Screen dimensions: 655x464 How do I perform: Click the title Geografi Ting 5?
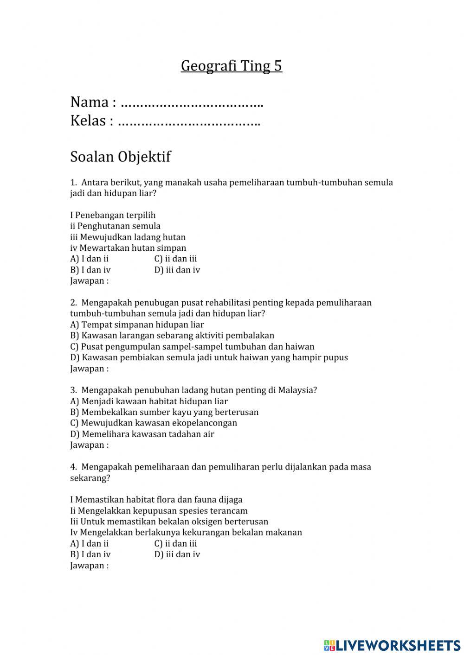pyautogui.click(x=231, y=66)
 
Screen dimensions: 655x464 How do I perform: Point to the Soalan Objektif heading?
pyautogui.click(x=120, y=157)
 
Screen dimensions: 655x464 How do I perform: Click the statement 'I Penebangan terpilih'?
pyautogui.click(x=113, y=215)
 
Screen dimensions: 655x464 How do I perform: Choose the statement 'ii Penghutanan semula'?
pyautogui.click(x=115, y=226)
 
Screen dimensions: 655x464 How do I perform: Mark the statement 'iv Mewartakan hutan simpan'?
pyautogui.click(x=128, y=248)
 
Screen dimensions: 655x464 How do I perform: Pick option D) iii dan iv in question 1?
pyautogui.click(x=177, y=270)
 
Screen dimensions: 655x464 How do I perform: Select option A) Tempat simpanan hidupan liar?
pyautogui.click(x=137, y=324)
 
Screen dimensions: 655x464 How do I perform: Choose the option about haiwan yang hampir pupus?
pyautogui.click(x=209, y=357)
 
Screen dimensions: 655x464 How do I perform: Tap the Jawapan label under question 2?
pyautogui.click(x=89, y=369)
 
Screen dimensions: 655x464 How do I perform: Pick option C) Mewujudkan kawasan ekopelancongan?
pyautogui.click(x=154, y=423)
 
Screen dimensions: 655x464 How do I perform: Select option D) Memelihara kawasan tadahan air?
pyautogui.click(x=142, y=434)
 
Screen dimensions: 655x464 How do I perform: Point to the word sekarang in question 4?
pyautogui.click(x=90, y=478)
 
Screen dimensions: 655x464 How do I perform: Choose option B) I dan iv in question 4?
pyautogui.click(x=90, y=554)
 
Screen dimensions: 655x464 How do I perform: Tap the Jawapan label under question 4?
pyautogui.click(x=89, y=566)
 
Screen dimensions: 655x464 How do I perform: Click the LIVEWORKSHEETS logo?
pyautogui.click(x=392, y=645)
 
